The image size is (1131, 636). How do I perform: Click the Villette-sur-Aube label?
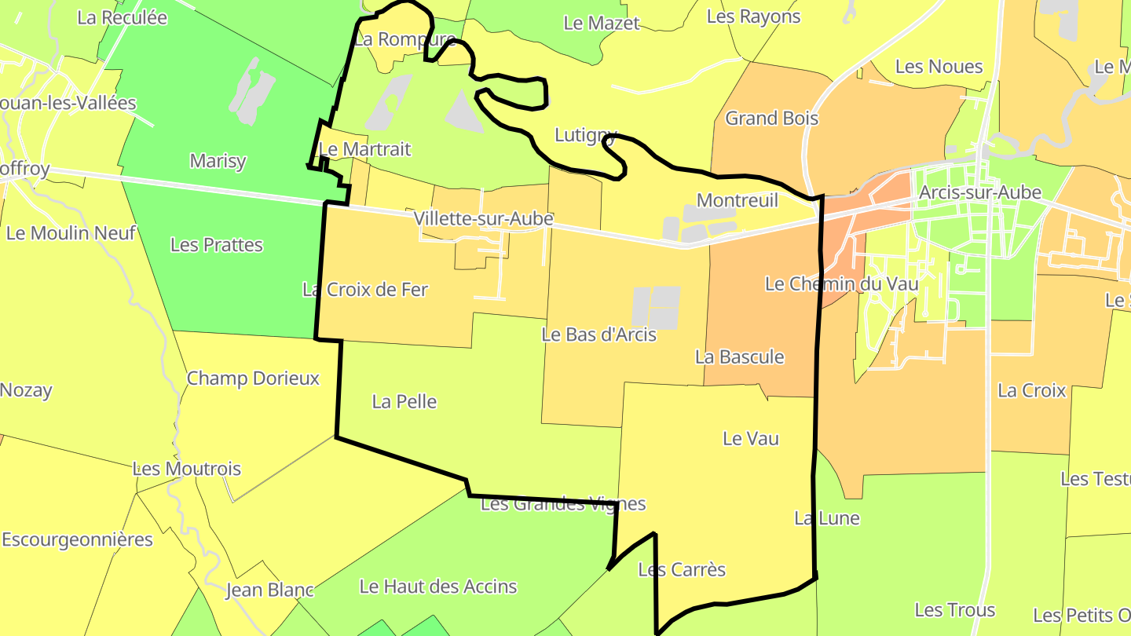(x=484, y=218)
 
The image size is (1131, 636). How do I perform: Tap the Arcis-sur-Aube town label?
(x=979, y=192)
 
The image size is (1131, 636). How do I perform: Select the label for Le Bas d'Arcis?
(x=598, y=334)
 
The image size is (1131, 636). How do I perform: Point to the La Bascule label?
(x=739, y=357)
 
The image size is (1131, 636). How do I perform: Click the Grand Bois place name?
(x=771, y=119)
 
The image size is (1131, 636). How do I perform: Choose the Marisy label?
(x=218, y=161)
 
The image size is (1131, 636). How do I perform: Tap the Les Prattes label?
(x=216, y=245)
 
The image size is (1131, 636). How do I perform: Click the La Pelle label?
(x=404, y=402)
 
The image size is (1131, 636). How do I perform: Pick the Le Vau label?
(x=750, y=438)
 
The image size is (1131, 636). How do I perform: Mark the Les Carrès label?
(x=681, y=570)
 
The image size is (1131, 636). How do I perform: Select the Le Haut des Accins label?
(x=437, y=587)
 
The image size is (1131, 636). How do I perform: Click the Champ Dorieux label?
(x=253, y=378)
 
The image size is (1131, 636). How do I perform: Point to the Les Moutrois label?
(x=187, y=470)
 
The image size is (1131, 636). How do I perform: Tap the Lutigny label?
(x=585, y=134)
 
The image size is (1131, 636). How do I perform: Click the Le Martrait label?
(x=364, y=149)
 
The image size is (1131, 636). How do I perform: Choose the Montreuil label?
(x=737, y=200)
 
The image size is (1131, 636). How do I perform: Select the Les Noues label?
(x=939, y=67)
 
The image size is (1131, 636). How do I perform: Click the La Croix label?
(x=1030, y=390)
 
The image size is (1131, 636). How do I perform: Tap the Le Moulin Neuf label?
(x=71, y=233)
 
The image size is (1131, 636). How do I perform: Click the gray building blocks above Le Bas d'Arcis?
(x=656, y=307)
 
